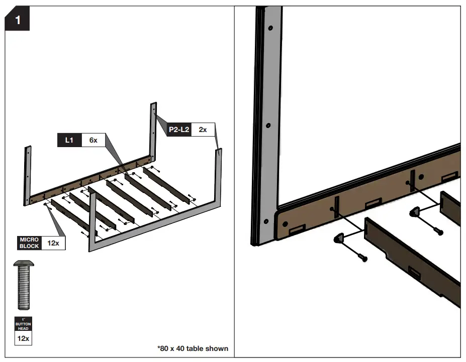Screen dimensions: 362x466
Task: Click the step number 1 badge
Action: click(x=18, y=21)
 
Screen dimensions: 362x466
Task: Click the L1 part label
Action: click(x=69, y=140)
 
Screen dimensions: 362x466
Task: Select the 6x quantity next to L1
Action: click(x=93, y=140)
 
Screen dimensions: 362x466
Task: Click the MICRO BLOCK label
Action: click(x=29, y=243)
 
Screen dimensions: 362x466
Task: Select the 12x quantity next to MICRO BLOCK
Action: click(x=53, y=243)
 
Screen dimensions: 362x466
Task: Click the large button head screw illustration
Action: click(x=24, y=284)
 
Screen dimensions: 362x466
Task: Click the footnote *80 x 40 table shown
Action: click(x=193, y=348)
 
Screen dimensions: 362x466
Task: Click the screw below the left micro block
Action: click(x=362, y=258)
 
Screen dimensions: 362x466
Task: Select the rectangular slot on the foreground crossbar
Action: click(x=415, y=274)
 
